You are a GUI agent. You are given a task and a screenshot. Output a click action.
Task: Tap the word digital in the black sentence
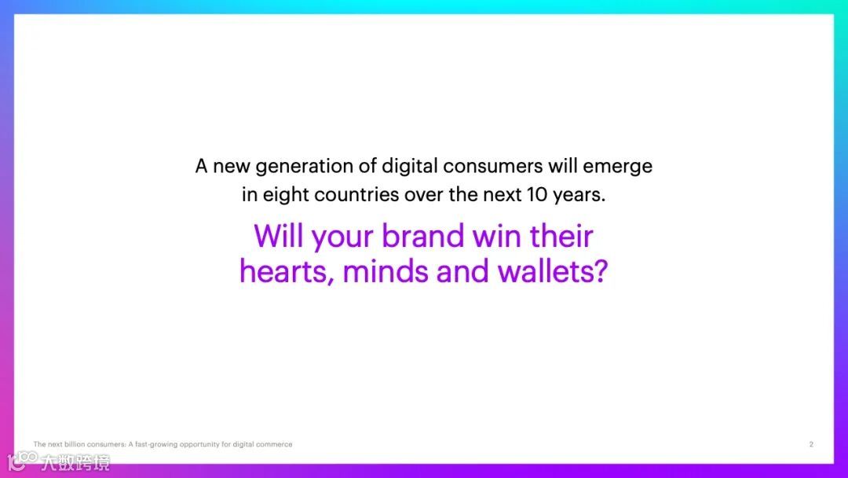point(408,166)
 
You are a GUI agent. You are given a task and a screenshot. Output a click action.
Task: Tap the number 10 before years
point(537,194)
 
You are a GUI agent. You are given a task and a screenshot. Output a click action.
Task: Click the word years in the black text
point(576,196)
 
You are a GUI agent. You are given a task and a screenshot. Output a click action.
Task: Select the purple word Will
point(279,236)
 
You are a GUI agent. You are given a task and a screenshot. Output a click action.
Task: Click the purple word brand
point(423,236)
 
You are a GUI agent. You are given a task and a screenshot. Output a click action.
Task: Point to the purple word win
point(498,237)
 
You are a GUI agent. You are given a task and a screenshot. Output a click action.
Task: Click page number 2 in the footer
point(811,444)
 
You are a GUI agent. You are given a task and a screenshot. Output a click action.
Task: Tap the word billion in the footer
point(75,444)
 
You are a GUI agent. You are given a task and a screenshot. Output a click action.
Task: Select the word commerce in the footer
point(274,444)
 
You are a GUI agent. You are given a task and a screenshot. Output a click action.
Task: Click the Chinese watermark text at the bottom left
point(75,463)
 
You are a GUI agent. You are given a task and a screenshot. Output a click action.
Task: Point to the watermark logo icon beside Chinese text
point(22,461)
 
